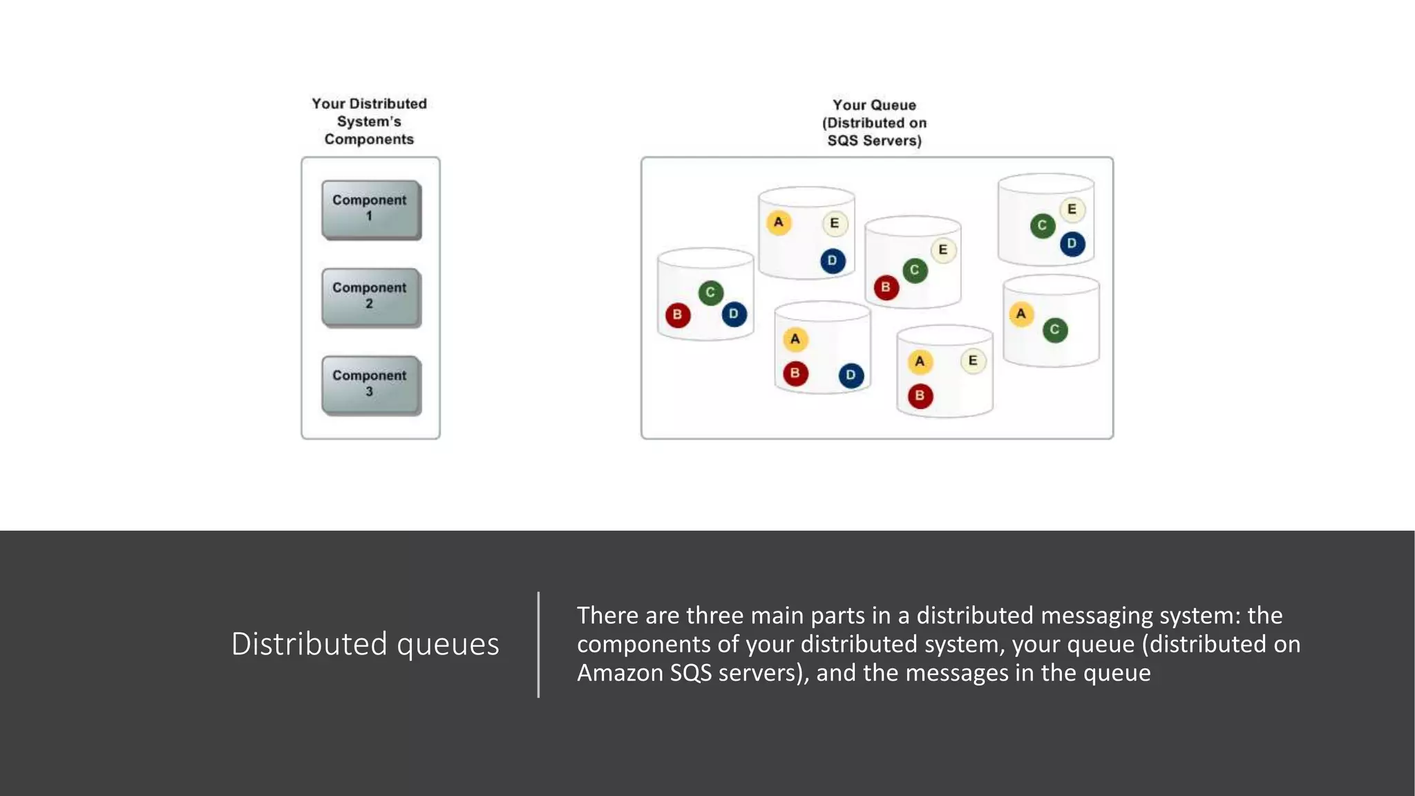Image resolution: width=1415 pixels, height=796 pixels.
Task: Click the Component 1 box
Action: (x=370, y=209)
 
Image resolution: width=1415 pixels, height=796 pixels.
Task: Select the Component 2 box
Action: (x=370, y=296)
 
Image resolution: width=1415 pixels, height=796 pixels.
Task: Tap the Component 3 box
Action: (x=370, y=384)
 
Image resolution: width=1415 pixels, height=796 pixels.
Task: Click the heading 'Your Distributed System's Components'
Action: (x=369, y=122)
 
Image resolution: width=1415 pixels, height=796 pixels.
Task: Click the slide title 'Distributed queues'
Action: (x=365, y=644)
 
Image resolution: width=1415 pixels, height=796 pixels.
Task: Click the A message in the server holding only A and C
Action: (x=1020, y=314)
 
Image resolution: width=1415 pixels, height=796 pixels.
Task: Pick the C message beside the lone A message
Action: (x=1054, y=330)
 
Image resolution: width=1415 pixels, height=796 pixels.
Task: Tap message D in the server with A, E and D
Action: (x=833, y=260)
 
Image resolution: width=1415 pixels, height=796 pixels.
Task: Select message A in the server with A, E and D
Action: (x=779, y=222)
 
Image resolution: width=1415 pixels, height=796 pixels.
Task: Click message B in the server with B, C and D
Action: (x=677, y=315)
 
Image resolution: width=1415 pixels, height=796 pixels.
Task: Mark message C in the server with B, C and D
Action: (x=710, y=292)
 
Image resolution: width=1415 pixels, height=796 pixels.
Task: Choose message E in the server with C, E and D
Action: (x=1072, y=209)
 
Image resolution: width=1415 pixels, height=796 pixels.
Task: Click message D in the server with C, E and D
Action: (x=1072, y=243)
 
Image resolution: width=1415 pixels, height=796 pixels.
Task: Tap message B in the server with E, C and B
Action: (x=886, y=287)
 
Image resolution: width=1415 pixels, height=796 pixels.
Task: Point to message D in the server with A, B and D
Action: (x=851, y=375)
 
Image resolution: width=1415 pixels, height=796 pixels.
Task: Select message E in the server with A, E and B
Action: (x=973, y=361)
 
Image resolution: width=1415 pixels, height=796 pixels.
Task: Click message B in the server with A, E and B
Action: (x=920, y=396)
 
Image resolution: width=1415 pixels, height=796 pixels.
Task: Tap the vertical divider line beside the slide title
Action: (x=538, y=644)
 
